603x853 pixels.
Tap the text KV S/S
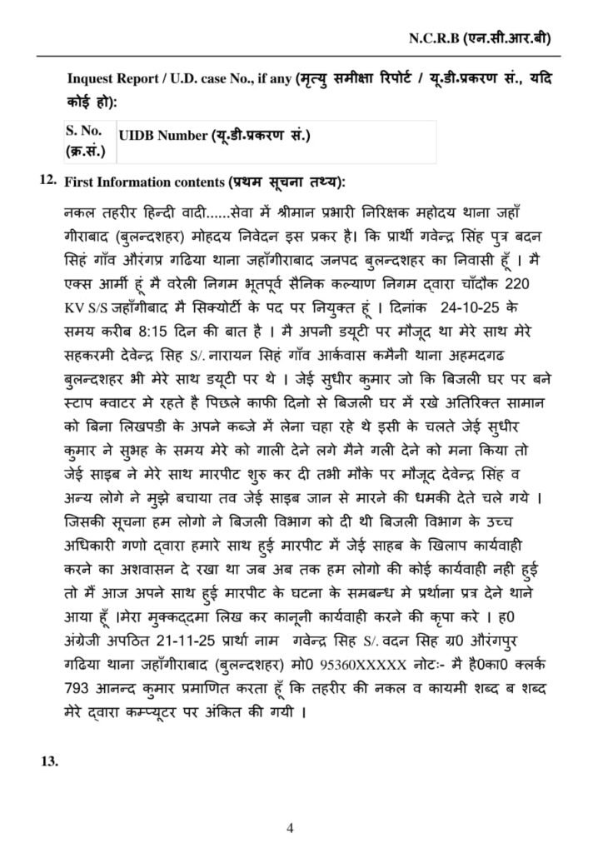[x=83, y=304]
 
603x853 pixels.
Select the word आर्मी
[x=112, y=283]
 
